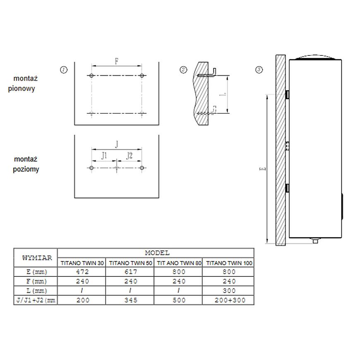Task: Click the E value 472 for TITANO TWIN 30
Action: coord(82,272)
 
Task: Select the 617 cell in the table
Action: coord(130,272)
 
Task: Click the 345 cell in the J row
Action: coord(130,300)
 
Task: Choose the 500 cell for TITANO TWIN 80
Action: coord(178,300)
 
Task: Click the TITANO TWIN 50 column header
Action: coord(130,263)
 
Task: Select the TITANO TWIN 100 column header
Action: coord(229,263)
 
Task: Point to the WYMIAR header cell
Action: coord(37,258)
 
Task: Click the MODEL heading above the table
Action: coord(157,252)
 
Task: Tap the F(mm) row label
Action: coord(36,281)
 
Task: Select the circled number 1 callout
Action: coord(64,70)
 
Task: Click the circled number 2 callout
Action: coord(184,70)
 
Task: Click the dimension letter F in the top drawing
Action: coord(117,62)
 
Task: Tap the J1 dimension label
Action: coord(104,156)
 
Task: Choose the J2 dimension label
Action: coord(129,156)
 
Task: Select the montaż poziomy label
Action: coord(26,164)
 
